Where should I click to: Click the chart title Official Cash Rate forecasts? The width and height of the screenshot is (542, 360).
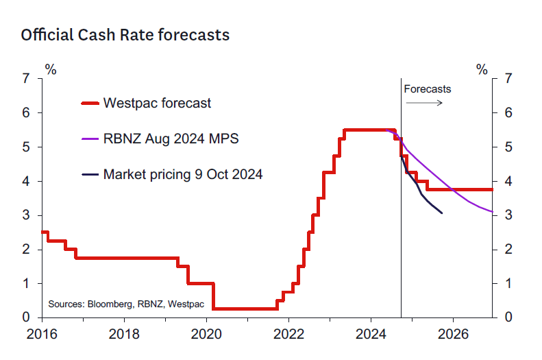(125, 35)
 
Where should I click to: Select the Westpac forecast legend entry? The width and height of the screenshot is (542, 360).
(157, 104)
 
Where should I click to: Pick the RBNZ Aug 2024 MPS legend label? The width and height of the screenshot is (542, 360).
(171, 139)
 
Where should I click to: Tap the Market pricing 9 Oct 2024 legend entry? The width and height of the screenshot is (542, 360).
(183, 175)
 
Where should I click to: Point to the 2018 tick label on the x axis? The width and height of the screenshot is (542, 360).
(124, 335)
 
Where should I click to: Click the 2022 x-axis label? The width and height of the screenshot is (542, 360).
(288, 335)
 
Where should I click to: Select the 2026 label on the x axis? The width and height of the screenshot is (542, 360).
(452, 335)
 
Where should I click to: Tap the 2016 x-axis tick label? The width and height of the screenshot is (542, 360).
(42, 335)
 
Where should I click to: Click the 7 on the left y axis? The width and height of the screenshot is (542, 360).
(25, 78)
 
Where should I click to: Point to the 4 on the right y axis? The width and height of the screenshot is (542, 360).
(508, 181)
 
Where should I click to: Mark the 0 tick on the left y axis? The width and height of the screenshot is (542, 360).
(25, 317)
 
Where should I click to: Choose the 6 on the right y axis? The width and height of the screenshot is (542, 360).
(508, 112)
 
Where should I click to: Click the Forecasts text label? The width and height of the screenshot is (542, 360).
(428, 89)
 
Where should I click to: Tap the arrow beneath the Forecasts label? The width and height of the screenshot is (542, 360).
(424, 103)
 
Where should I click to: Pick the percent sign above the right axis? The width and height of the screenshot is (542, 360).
(482, 69)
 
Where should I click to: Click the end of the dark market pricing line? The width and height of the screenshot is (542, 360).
(442, 213)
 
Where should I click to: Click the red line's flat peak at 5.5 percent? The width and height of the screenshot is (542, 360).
(370, 130)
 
